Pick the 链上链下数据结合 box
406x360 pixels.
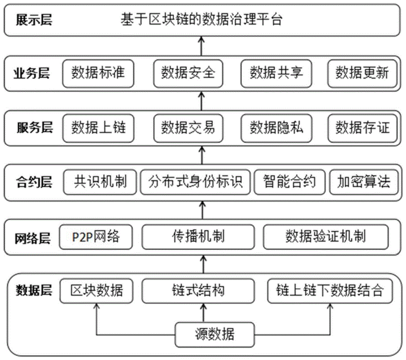point(329,291)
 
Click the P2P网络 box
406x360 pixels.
point(96,236)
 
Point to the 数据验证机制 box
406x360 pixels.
point(325,236)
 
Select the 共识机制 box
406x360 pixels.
point(100,181)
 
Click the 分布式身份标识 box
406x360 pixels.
point(196,181)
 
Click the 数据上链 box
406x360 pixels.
point(99,128)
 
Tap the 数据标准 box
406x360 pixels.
point(99,73)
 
